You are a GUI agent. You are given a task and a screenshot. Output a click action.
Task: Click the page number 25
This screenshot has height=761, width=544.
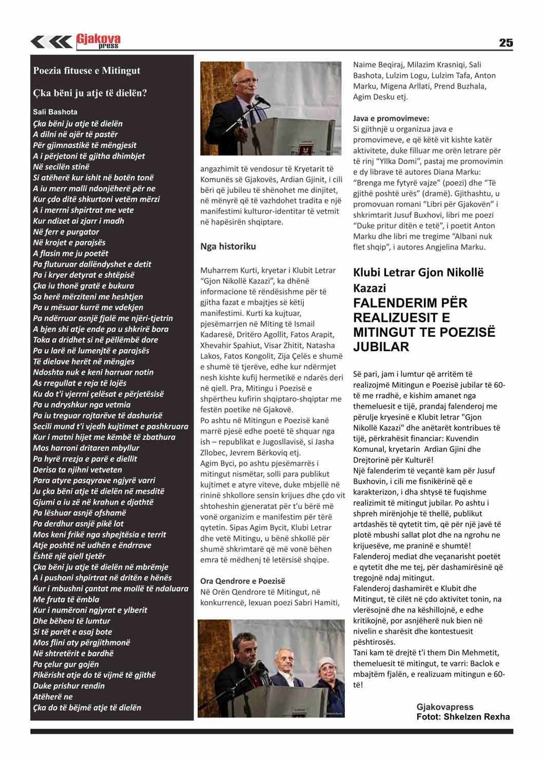point(506,43)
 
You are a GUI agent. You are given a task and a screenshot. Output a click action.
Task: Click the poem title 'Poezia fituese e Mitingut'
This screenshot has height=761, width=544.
point(86,71)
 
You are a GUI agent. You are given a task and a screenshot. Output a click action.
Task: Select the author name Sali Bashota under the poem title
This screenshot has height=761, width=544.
point(55,111)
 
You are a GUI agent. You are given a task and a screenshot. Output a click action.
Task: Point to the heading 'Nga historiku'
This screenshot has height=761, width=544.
point(228,246)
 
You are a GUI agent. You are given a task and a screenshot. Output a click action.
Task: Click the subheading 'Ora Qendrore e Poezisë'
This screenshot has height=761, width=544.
point(242,581)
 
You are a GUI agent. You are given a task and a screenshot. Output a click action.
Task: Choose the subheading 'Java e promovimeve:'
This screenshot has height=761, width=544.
point(391,118)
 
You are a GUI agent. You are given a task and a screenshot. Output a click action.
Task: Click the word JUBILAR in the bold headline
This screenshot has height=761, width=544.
point(381,347)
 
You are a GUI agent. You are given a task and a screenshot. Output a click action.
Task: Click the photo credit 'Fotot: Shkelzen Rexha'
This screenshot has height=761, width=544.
point(463,717)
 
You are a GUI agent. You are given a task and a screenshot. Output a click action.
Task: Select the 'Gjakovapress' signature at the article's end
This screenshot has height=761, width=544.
point(444,707)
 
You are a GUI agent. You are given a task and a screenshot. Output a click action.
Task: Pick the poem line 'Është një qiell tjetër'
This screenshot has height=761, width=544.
point(69,556)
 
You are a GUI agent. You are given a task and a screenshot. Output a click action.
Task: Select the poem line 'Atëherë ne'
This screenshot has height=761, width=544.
point(53,697)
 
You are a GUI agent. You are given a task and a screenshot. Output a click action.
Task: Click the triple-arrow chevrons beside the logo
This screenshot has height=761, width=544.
point(51,42)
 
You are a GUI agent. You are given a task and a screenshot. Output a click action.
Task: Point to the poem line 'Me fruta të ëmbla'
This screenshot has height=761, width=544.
point(66,599)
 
